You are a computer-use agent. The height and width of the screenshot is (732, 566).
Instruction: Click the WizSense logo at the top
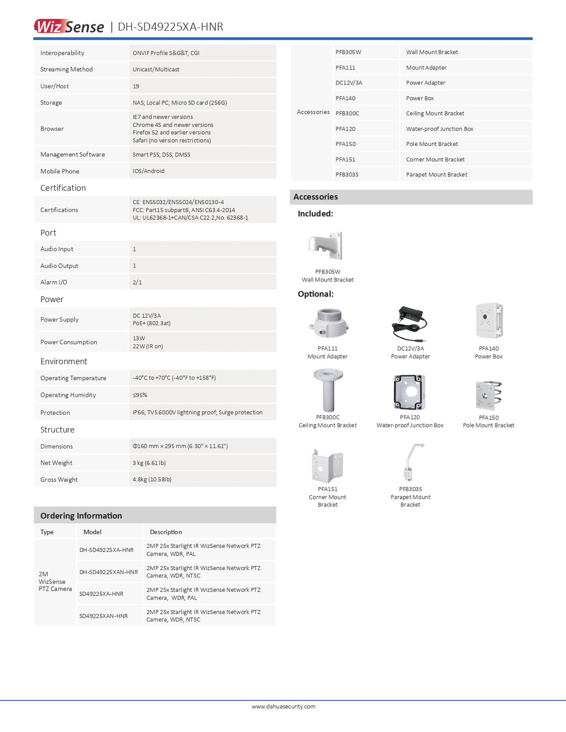click(x=69, y=27)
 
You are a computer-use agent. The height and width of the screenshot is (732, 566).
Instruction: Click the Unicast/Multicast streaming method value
click(x=156, y=70)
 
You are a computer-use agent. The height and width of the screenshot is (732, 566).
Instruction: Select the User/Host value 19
click(x=136, y=86)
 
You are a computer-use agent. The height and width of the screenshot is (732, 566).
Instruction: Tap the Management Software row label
click(x=72, y=155)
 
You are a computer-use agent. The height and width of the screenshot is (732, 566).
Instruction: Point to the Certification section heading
click(x=63, y=188)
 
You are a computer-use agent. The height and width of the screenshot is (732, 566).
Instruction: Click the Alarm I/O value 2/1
click(x=137, y=282)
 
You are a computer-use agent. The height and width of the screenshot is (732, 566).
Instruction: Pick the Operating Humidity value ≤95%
click(x=140, y=395)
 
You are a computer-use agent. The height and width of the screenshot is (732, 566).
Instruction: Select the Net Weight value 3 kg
click(x=149, y=463)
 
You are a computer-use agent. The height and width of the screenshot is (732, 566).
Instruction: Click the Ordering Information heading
click(x=81, y=515)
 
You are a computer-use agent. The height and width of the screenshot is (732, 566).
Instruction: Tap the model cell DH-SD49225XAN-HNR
click(x=108, y=572)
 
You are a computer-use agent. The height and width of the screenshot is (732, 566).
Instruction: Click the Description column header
click(x=166, y=532)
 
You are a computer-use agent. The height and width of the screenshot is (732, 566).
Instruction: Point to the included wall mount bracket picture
click(x=327, y=246)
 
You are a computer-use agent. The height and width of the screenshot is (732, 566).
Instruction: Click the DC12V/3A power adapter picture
click(x=410, y=324)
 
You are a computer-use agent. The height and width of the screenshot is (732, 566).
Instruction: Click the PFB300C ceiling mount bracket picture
click(x=328, y=390)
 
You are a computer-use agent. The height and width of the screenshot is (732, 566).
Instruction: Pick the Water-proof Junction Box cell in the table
click(x=439, y=129)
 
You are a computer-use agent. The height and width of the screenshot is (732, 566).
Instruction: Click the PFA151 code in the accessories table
click(x=345, y=160)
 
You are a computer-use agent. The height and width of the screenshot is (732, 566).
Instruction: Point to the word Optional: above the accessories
click(x=316, y=294)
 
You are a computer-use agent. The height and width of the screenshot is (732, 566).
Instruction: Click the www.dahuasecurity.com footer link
click(x=284, y=707)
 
